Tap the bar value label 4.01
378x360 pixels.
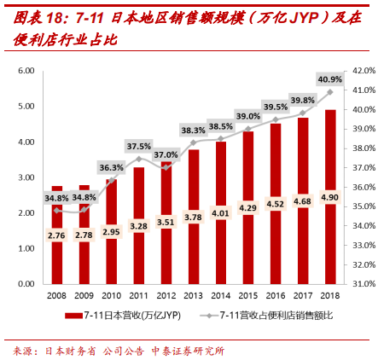coord(221,213)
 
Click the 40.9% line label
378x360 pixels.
coord(329,79)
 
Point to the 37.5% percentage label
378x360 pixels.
coord(139,146)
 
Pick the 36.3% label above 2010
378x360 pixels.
coord(111,167)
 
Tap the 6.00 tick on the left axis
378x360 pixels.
coord(26,71)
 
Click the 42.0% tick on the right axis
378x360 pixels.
coord(363,71)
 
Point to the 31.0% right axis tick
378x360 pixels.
coord(363,283)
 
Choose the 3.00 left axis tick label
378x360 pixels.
coord(26,177)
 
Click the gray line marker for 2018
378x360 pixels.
coord(330,92)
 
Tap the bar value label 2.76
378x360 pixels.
coord(57,235)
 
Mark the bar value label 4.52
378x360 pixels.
coord(276,204)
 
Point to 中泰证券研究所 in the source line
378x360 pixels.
coord(187,350)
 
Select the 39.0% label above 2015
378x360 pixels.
coord(248,116)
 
